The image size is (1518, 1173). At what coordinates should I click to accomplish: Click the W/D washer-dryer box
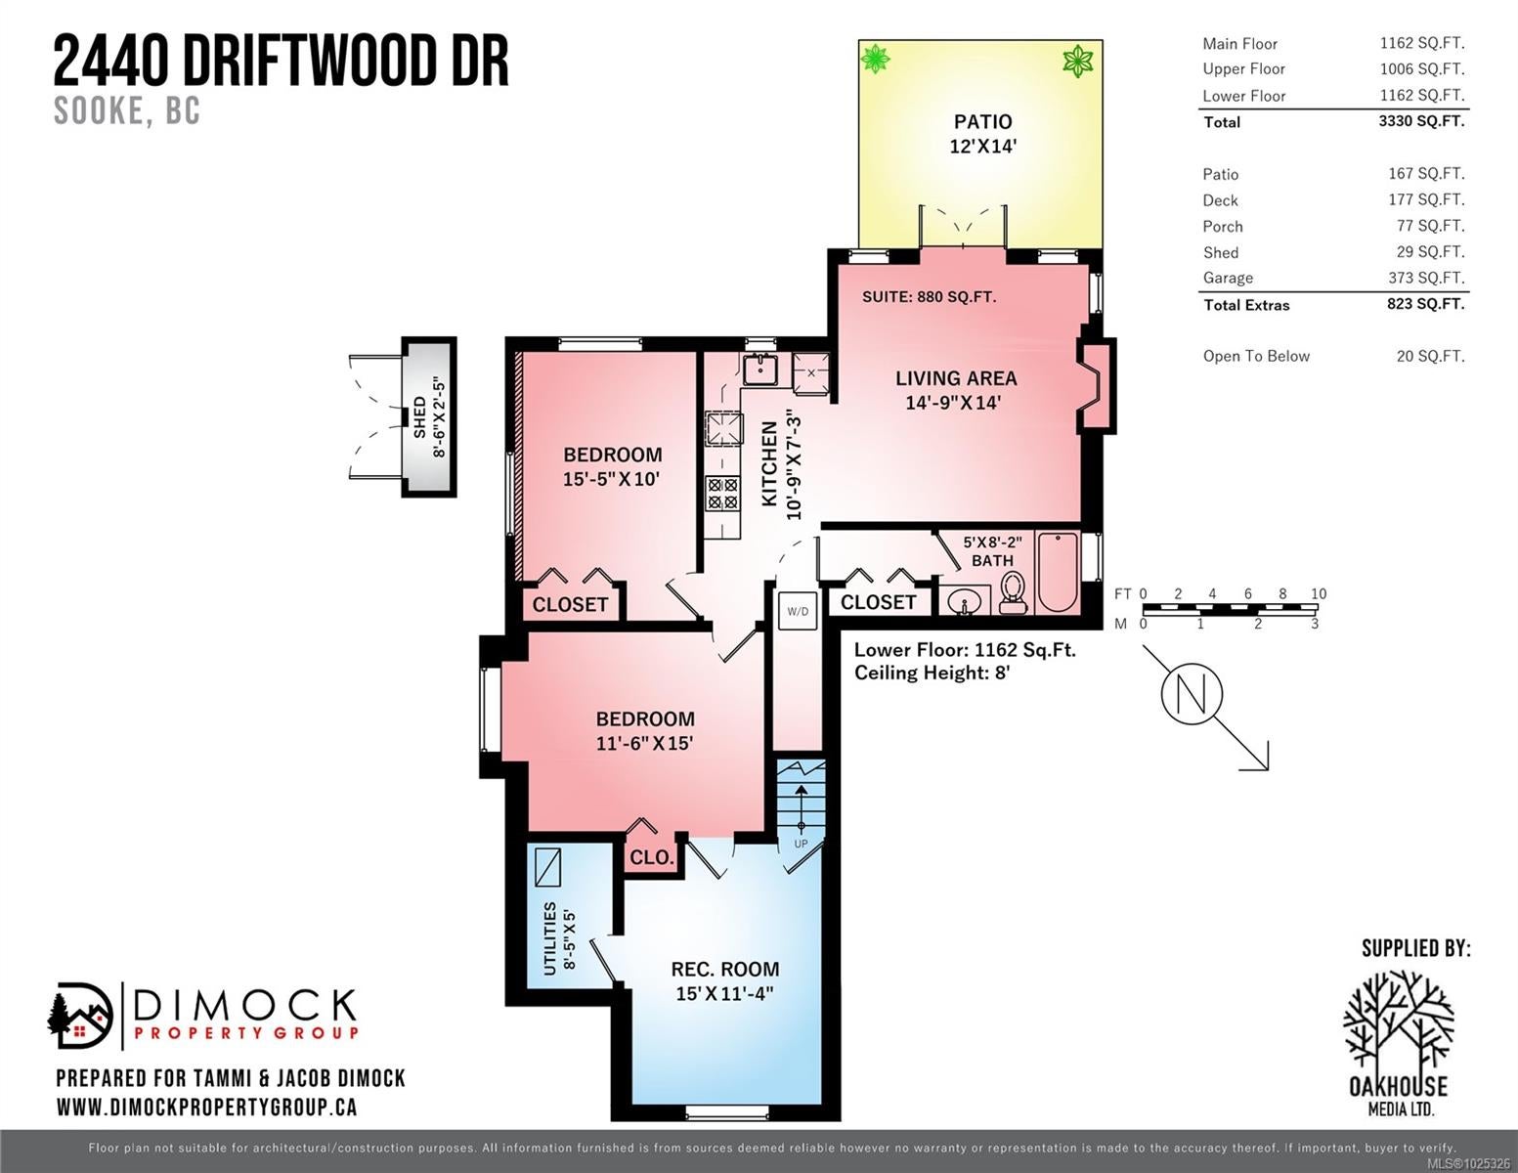[x=798, y=611]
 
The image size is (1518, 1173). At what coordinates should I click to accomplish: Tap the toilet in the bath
[x=1013, y=592]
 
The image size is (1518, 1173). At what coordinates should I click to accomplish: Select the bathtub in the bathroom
[x=1059, y=573]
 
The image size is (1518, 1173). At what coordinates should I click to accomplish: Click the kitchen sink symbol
[x=760, y=369]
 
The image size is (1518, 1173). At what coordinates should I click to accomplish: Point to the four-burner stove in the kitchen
[x=722, y=494]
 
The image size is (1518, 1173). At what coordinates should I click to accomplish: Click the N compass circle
[x=1192, y=694]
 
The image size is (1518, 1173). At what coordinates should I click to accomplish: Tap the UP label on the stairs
[x=801, y=844]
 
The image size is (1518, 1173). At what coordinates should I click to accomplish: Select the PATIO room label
[x=983, y=121]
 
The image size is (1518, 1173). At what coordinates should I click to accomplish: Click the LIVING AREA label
[x=956, y=378]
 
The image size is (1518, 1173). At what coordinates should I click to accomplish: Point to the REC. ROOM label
[x=725, y=969]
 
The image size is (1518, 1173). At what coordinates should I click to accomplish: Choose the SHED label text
[x=419, y=417]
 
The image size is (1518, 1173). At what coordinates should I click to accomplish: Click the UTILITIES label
[x=549, y=938]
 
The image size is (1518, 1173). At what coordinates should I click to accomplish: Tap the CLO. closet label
[x=652, y=857]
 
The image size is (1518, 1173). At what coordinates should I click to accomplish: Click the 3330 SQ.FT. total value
[x=1421, y=121]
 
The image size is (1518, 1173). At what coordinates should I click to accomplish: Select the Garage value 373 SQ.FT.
[x=1426, y=278]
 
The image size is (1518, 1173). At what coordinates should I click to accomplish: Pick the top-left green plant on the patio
[x=875, y=59]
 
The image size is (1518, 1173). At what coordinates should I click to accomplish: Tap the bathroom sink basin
[x=964, y=601]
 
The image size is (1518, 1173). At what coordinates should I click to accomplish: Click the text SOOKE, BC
[x=127, y=110]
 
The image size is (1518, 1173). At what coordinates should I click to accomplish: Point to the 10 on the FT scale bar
[x=1319, y=593]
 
